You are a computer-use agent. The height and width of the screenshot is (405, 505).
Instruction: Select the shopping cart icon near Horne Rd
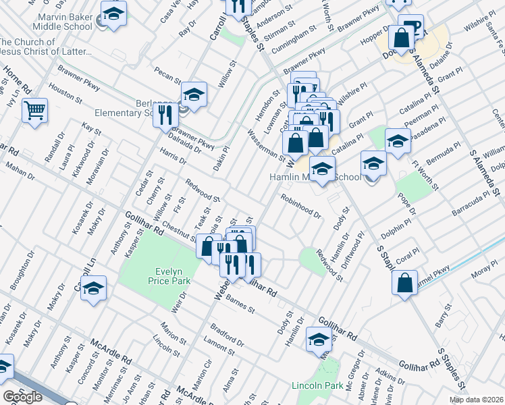pos(34,109)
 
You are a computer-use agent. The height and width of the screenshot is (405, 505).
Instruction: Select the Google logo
pos(22,397)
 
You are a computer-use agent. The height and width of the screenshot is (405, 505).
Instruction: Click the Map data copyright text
pos(475,400)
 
